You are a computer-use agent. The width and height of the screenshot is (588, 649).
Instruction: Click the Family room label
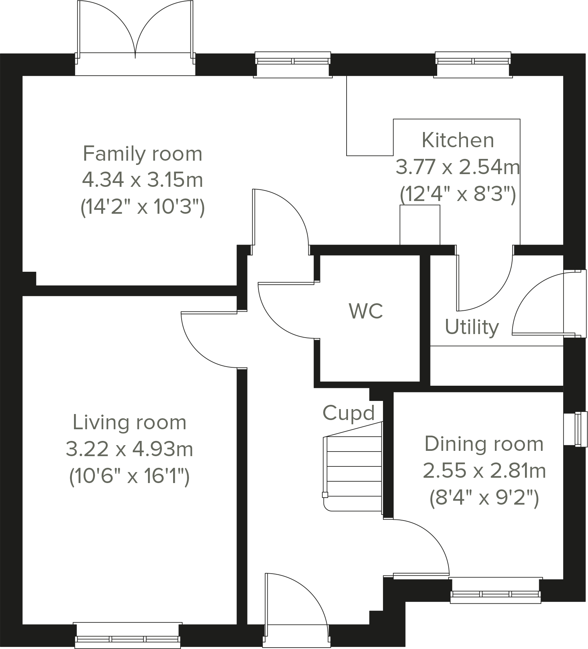pos(142,154)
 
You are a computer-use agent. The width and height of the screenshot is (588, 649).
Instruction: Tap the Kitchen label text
pos(458,140)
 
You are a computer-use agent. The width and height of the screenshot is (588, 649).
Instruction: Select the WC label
pos(366,311)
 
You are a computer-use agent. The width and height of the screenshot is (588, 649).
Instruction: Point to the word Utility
pos(472,327)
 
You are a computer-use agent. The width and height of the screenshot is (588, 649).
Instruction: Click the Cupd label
pos(348,413)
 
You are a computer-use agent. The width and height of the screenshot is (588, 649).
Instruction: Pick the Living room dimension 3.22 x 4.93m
pos(130,449)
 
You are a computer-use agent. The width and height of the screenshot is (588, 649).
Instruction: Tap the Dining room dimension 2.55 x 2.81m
pos(484,471)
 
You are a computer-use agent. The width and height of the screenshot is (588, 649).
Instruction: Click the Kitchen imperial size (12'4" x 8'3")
pos(458,194)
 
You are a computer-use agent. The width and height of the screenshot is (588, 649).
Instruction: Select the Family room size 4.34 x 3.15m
pos(142,180)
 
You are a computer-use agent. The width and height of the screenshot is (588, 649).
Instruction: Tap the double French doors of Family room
pos(135,35)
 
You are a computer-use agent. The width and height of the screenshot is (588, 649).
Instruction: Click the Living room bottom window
pos(128,639)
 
